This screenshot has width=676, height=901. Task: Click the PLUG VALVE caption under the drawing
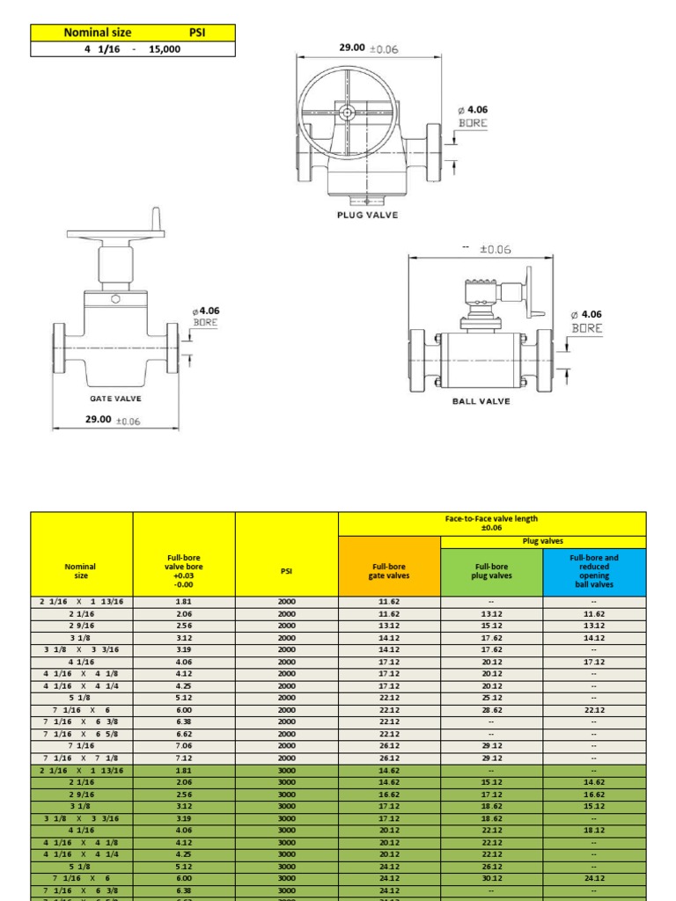[368, 215]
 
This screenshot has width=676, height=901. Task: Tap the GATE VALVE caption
[115, 399]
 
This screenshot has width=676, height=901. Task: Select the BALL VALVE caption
[481, 401]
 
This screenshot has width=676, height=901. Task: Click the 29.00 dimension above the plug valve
[352, 48]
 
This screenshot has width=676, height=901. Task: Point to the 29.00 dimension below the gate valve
[98, 420]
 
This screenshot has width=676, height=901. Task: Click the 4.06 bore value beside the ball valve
[591, 314]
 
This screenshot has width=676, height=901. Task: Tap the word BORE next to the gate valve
[204, 323]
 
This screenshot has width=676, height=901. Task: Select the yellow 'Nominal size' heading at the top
[98, 33]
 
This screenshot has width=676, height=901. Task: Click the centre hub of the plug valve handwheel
[349, 113]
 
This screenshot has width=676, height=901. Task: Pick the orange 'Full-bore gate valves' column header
[389, 572]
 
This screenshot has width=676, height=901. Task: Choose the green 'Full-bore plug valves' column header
[491, 572]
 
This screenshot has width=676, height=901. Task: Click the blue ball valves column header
[594, 571]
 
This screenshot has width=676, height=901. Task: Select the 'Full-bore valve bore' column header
[184, 570]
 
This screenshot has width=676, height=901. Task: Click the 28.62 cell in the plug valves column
[491, 709]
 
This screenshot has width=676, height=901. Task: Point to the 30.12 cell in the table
[491, 878]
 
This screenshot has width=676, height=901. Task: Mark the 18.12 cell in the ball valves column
[594, 830]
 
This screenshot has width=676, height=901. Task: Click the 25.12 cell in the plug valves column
[491, 697]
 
